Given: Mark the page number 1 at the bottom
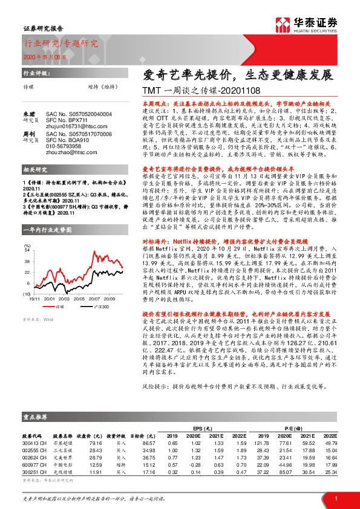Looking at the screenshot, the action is point(335,497).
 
